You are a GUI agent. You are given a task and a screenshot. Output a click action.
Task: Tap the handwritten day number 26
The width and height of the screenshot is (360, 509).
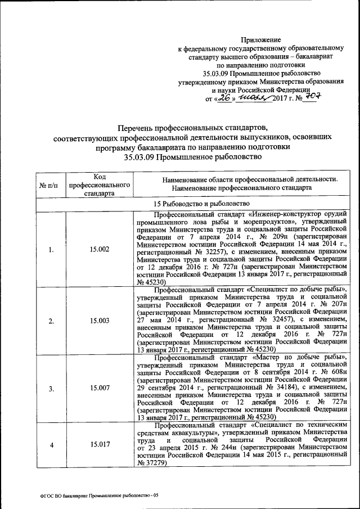click(226, 97)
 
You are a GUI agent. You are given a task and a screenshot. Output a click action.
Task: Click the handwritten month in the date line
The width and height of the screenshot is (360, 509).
click(254, 98)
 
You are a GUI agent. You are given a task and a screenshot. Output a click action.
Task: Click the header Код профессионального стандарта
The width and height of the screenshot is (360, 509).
click(99, 184)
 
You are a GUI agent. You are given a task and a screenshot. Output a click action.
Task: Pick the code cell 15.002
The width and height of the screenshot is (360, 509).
click(99, 249)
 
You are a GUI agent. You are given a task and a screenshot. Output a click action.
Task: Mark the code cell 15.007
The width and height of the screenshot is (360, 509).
click(99, 389)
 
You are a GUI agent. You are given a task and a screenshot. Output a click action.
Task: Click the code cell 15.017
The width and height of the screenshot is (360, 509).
click(99, 445)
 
